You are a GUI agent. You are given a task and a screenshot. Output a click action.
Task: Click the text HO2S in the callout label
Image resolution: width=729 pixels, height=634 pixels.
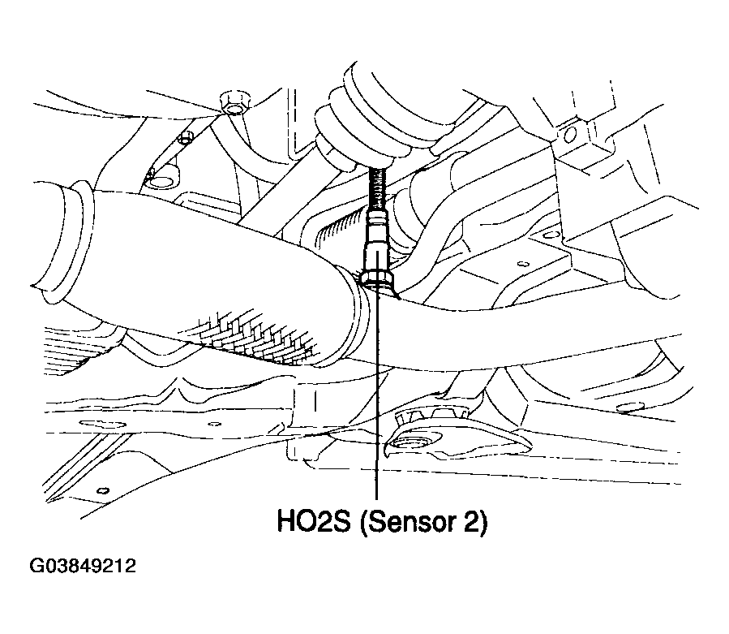(313, 521)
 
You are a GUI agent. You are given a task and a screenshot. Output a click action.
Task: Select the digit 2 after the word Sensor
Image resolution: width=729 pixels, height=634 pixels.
(470, 521)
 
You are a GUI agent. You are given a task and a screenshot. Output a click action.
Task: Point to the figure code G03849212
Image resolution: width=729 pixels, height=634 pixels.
(83, 566)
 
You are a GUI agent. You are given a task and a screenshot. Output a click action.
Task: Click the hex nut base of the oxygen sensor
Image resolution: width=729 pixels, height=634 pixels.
(378, 279)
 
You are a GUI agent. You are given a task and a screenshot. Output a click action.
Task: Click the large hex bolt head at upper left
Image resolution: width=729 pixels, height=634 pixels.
(234, 103)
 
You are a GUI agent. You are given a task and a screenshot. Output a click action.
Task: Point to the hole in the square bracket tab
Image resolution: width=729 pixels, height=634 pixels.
(570, 136)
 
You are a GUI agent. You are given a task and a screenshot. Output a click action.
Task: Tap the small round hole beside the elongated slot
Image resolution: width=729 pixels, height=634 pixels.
(214, 424)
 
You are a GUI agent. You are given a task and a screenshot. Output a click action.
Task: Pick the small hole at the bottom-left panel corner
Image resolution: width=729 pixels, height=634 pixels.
(103, 490)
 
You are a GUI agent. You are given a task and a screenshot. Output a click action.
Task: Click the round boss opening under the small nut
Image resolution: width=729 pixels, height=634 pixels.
(165, 182)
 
